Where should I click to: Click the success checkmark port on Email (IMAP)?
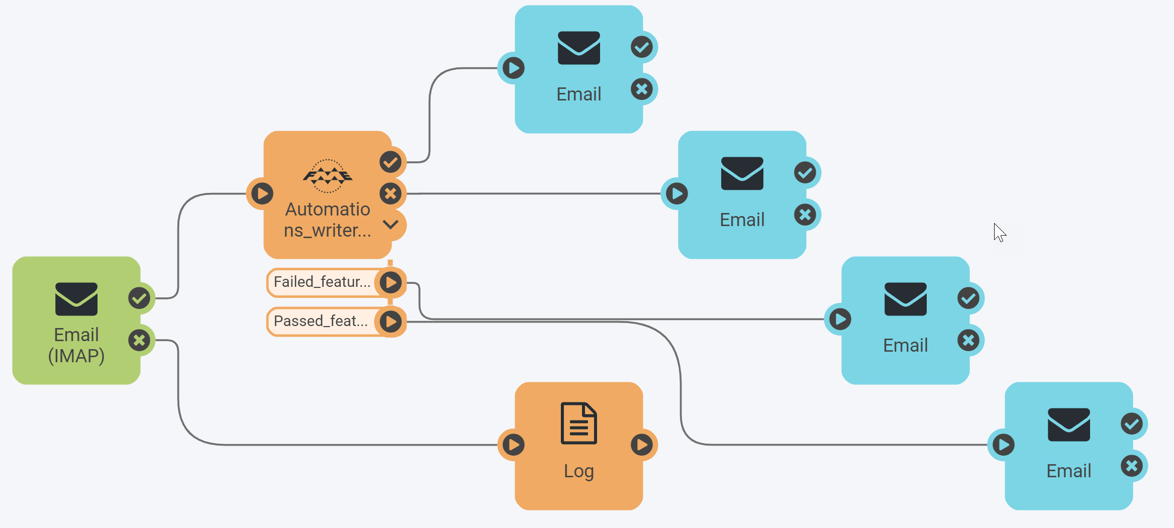pos(139,298)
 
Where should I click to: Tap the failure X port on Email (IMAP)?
pos(139,341)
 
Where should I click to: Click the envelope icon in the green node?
pos(76,299)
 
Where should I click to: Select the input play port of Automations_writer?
pos(262,193)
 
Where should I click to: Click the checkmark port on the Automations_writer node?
pos(390,162)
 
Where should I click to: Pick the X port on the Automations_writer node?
pos(390,193)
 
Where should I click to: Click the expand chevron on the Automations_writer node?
pos(390,225)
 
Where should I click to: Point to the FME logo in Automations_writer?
pos(328,176)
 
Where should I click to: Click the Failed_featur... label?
pos(322,282)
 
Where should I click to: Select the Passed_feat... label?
pos(321,321)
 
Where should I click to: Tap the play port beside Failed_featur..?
pos(390,282)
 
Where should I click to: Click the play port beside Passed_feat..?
pos(390,322)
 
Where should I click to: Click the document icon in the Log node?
pos(579,423)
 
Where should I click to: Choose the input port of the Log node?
pos(513,445)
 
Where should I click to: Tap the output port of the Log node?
pos(642,445)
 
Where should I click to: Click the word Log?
pos(579,471)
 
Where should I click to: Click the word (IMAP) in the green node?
pos(76,356)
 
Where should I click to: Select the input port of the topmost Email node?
pos(513,68)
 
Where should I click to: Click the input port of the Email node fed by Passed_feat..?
pos(1003,445)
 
